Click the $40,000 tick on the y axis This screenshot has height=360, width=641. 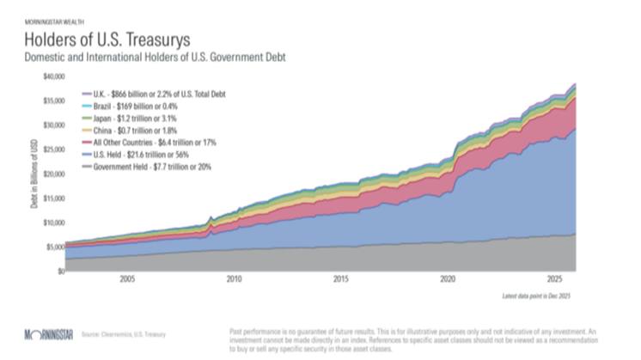point(53,76)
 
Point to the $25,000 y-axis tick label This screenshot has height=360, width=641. point(53,149)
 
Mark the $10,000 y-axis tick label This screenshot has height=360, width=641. point(53,222)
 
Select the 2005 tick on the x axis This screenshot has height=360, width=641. point(127,279)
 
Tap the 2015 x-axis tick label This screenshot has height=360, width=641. point(340,279)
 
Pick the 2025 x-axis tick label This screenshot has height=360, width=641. point(553,279)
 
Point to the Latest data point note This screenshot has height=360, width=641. point(538,296)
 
